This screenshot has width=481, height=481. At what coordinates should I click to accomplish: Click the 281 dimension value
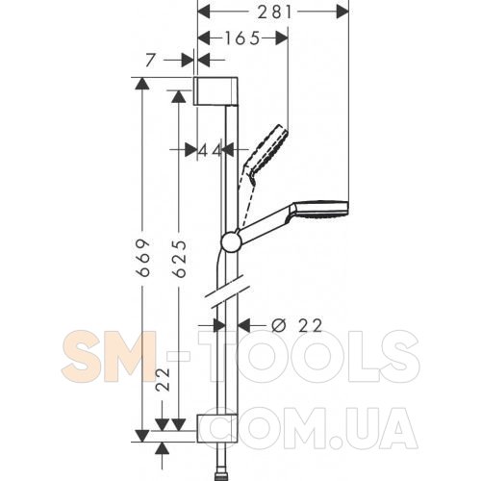click(x=275, y=13)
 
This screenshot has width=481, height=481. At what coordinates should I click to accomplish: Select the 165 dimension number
click(x=241, y=38)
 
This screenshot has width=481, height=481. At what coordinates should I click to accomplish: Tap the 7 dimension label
click(x=150, y=61)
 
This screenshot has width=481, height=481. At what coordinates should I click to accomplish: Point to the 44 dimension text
click(x=210, y=150)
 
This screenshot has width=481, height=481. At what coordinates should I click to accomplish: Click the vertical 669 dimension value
click(x=143, y=257)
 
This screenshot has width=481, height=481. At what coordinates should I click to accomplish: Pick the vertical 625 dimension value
click(x=179, y=259)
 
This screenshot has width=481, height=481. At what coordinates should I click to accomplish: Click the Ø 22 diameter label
click(x=296, y=326)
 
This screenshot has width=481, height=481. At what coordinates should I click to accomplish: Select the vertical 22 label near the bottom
click(x=163, y=379)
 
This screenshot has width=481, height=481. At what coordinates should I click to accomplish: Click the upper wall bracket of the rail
click(x=215, y=90)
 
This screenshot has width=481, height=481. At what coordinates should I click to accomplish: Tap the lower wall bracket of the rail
click(x=217, y=429)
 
